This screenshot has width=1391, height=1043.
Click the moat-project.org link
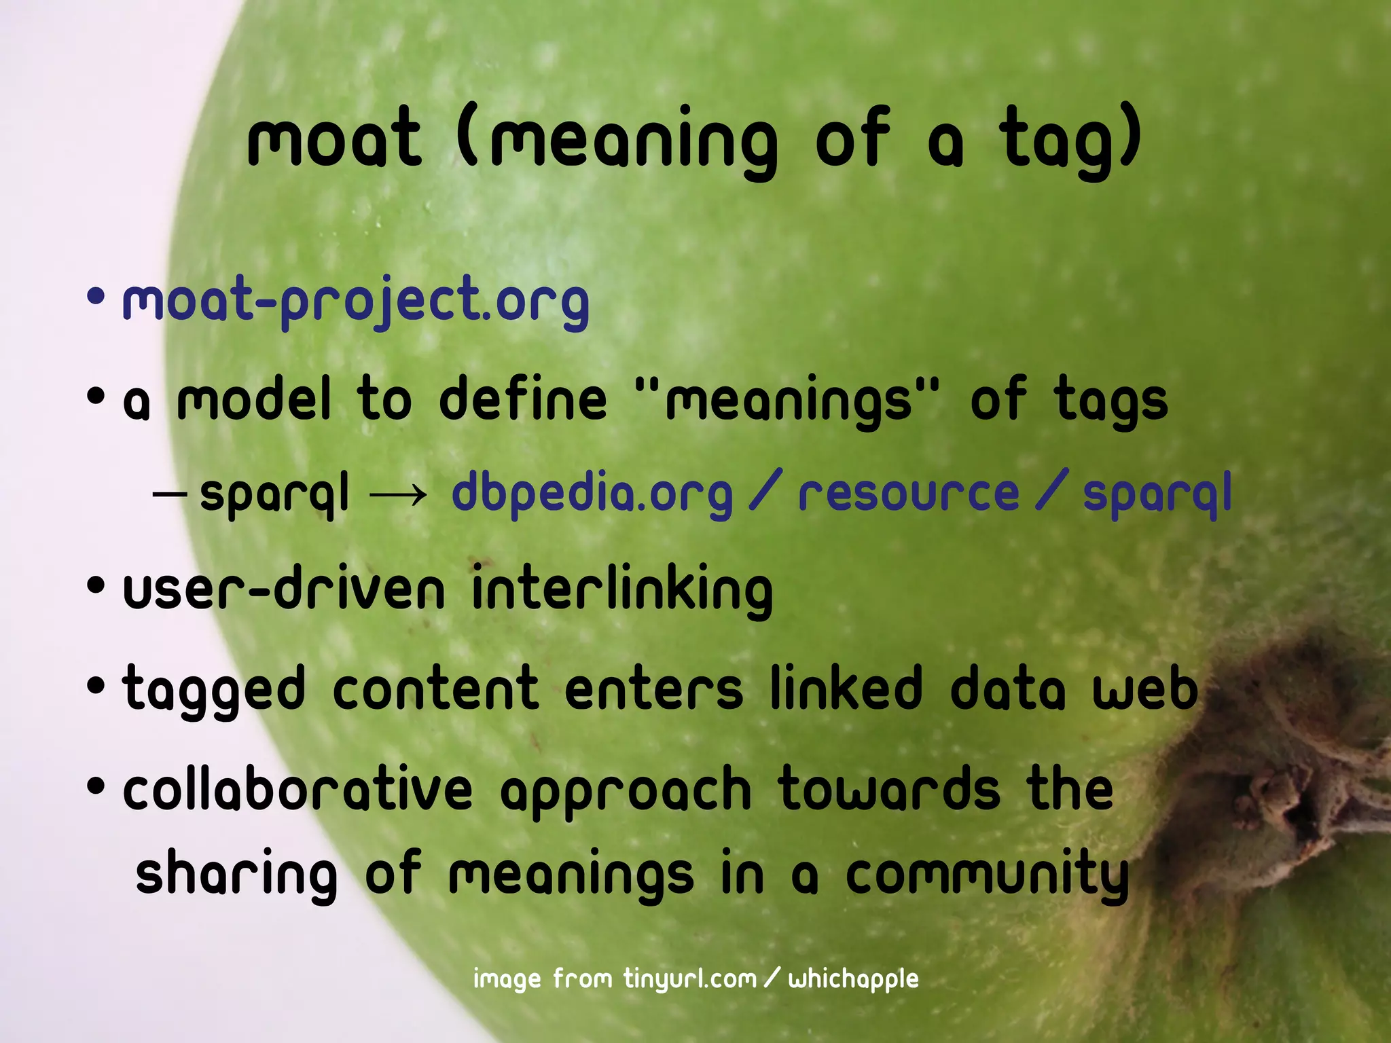click(x=355, y=300)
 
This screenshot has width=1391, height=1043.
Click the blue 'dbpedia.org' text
click(x=592, y=493)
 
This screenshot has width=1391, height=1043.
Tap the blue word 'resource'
click(x=909, y=493)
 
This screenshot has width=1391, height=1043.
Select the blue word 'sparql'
click(x=1157, y=494)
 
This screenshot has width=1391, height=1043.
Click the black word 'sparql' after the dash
click(x=274, y=494)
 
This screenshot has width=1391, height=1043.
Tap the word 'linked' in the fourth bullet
click(x=846, y=689)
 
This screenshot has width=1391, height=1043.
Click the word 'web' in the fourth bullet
click(x=1144, y=689)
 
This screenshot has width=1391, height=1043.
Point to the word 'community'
click(x=987, y=876)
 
